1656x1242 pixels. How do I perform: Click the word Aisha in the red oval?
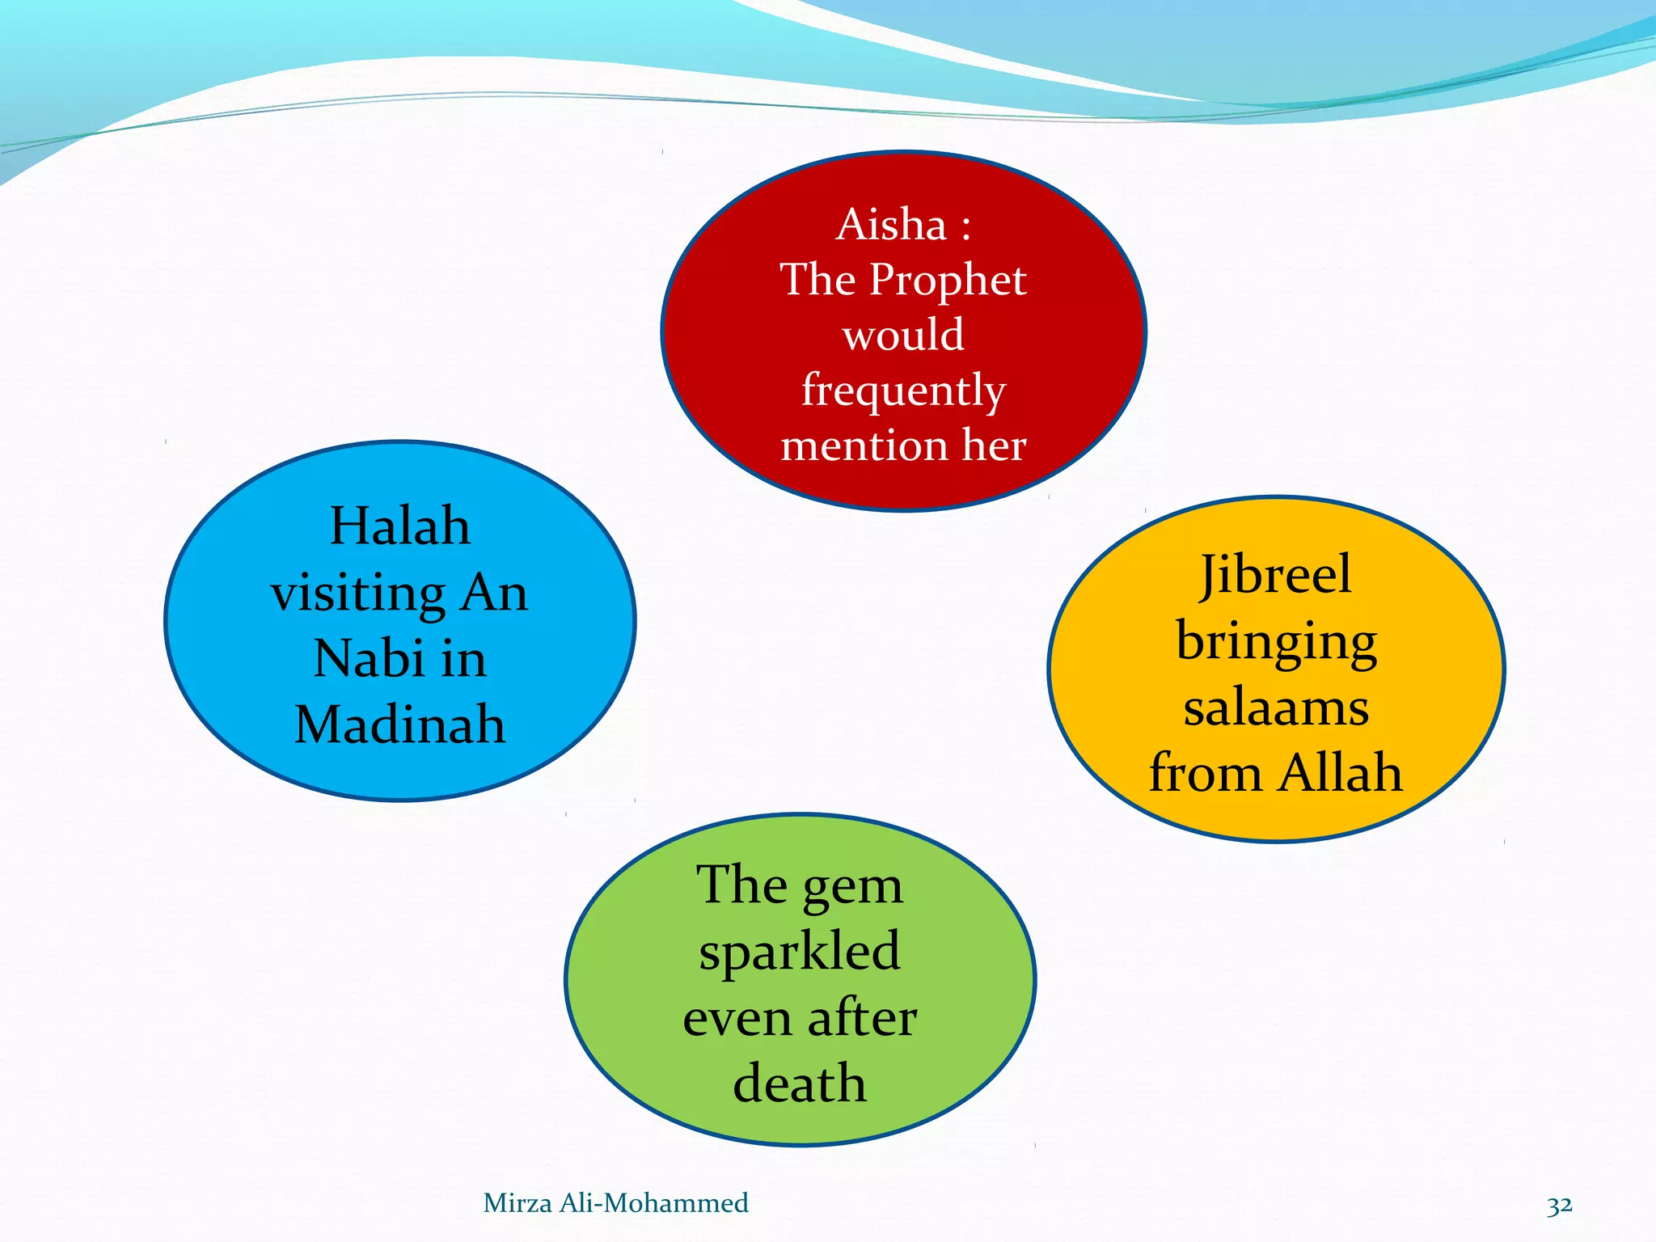point(891,225)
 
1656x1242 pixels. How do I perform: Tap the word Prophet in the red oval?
point(948,280)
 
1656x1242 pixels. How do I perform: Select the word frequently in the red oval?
point(903,391)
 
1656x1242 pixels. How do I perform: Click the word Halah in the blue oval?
point(400,526)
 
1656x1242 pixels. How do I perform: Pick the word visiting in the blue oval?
point(357,594)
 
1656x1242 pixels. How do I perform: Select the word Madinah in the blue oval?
point(400,724)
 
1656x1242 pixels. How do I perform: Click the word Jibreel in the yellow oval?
point(1275,576)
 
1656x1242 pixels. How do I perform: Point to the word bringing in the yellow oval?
point(1276,644)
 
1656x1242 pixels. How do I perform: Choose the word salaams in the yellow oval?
point(1276,708)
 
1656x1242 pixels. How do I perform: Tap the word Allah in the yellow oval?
point(1341,772)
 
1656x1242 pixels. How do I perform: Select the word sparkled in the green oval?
point(800,952)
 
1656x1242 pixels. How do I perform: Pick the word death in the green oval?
point(800,1084)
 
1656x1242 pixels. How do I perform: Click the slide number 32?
point(1559,1205)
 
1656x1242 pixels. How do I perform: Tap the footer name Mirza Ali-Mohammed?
point(615,1203)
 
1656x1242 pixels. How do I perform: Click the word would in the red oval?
point(903,335)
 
